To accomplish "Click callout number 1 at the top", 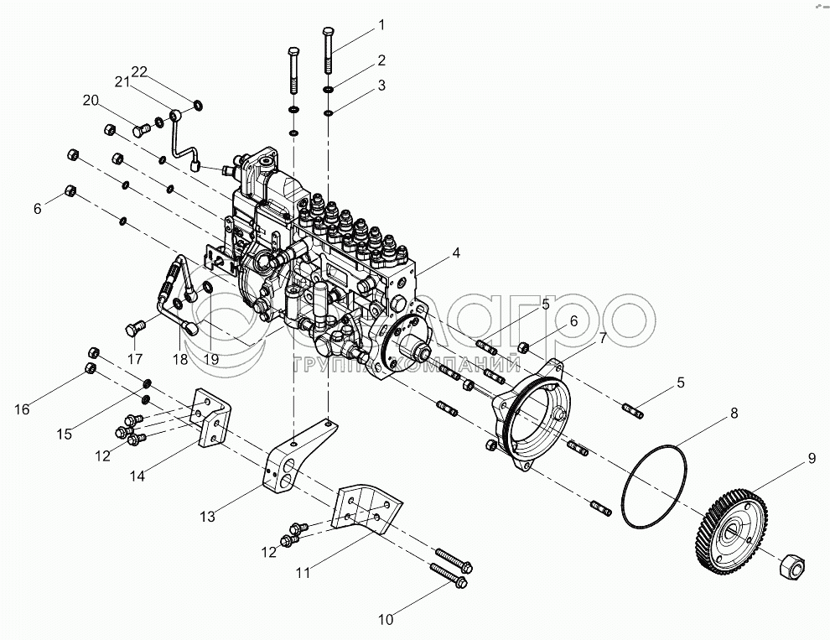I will pyautogui.click(x=381, y=25).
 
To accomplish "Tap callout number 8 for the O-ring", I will pyautogui.click(x=734, y=413).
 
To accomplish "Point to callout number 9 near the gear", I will pyautogui.click(x=811, y=458).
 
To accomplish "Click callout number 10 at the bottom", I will pyautogui.click(x=385, y=620).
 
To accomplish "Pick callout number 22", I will pyautogui.click(x=137, y=72).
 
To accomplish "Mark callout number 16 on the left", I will pyautogui.click(x=22, y=408).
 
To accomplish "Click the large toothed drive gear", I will pyautogui.click(x=731, y=530).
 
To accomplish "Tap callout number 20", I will pyautogui.click(x=91, y=101).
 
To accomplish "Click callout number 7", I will pyautogui.click(x=603, y=338).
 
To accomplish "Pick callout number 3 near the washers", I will pyautogui.click(x=381, y=85).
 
